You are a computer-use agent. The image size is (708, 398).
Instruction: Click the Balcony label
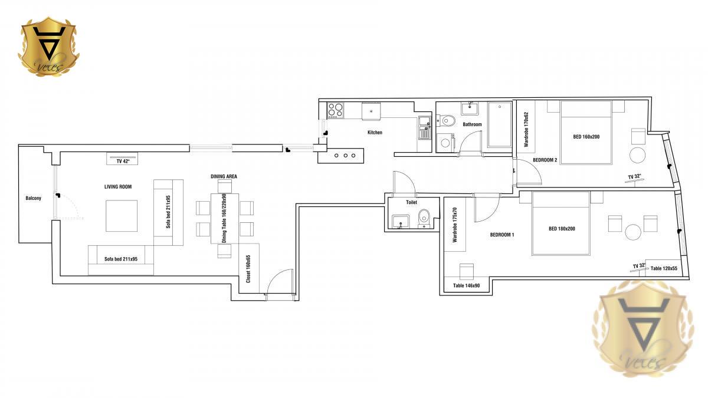tap(33, 198)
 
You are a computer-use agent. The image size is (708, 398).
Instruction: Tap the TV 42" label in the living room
tap(123, 162)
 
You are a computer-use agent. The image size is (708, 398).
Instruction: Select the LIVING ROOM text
tap(118, 187)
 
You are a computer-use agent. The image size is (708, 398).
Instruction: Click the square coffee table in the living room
tap(122, 216)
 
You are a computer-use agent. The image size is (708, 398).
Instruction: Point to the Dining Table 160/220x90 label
tap(224, 218)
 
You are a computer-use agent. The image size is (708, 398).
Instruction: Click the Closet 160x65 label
tap(248, 269)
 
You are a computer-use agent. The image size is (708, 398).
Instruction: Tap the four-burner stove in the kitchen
tap(335, 110)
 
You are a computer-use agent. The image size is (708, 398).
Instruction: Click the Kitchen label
tap(375, 132)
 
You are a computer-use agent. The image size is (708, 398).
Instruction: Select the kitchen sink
tap(424, 127)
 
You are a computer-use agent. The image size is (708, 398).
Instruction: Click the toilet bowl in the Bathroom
tap(447, 120)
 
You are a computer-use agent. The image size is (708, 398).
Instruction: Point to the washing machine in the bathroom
tap(445, 143)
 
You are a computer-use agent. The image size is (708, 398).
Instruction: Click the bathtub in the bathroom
tap(499, 124)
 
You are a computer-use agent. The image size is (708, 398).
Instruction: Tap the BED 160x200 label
tap(586, 137)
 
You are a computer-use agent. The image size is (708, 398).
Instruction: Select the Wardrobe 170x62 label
tap(526, 130)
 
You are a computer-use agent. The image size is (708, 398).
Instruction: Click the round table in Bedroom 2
tap(638, 155)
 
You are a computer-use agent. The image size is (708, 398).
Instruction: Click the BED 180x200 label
tap(562, 229)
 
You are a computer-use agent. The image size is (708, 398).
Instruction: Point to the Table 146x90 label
tap(466, 285)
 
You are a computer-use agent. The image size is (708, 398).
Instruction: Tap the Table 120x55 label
tap(664, 268)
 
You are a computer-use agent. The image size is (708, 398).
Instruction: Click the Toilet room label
tap(412, 202)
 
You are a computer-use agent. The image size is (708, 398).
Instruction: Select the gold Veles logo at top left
tap(48, 47)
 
